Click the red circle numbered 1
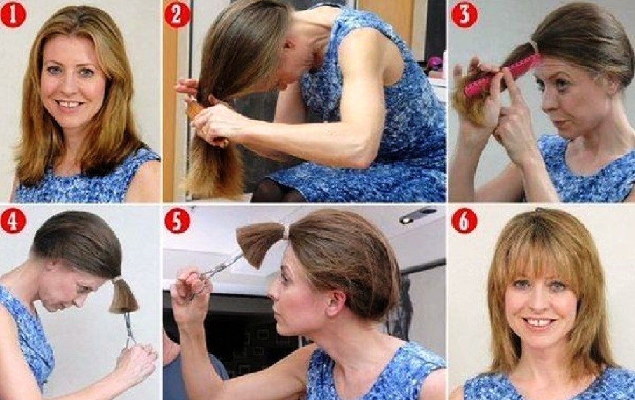(x=13, y=15)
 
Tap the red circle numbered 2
(x=177, y=15)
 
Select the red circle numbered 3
(x=464, y=15)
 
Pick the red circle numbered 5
(x=177, y=221)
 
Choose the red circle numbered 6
(x=464, y=221)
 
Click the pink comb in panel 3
(x=502, y=76)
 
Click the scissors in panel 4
(x=129, y=329)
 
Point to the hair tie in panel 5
(x=287, y=232)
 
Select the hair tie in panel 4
(x=117, y=280)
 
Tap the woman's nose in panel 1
(x=72, y=88)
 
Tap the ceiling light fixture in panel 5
(x=418, y=216)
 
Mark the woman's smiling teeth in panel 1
(x=71, y=104)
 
